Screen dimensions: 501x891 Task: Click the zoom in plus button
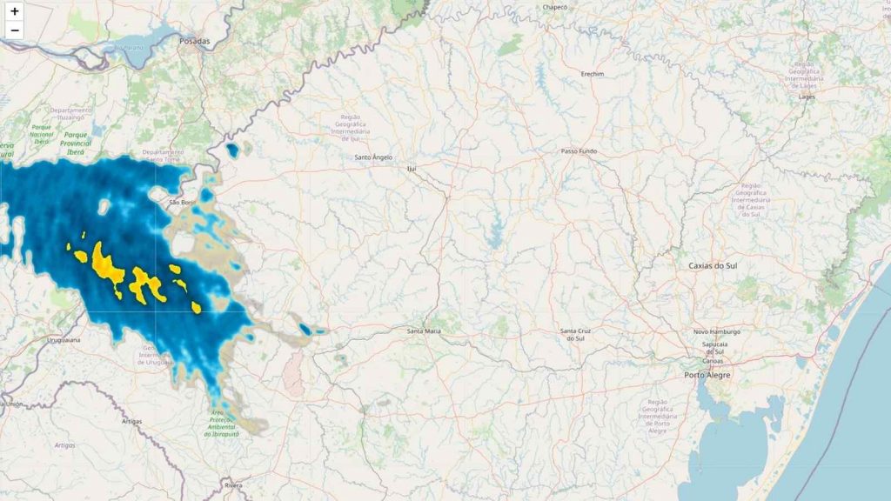pyautogui.click(x=15, y=11)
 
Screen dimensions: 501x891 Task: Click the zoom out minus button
pyautogui.click(x=15, y=30)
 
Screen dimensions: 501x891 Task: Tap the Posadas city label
pyautogui.click(x=195, y=41)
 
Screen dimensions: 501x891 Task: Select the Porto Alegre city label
pyautogui.click(x=707, y=375)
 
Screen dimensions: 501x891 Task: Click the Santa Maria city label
pyautogui.click(x=425, y=331)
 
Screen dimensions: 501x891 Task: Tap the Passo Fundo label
pyautogui.click(x=579, y=151)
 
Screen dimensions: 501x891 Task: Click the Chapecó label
pyautogui.click(x=555, y=7)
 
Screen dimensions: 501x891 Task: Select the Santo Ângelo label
pyautogui.click(x=373, y=157)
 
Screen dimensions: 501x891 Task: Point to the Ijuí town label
pyautogui.click(x=412, y=168)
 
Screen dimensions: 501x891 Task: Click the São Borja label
pyautogui.click(x=182, y=203)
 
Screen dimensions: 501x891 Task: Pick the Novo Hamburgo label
pyautogui.click(x=716, y=331)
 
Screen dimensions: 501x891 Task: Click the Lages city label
pyautogui.click(x=807, y=97)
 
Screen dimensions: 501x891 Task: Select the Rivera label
pyautogui.click(x=232, y=484)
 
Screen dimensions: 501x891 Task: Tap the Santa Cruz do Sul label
pyautogui.click(x=575, y=334)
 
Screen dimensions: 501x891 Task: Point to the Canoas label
pyautogui.click(x=713, y=360)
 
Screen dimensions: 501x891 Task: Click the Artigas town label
pyautogui.click(x=131, y=421)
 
